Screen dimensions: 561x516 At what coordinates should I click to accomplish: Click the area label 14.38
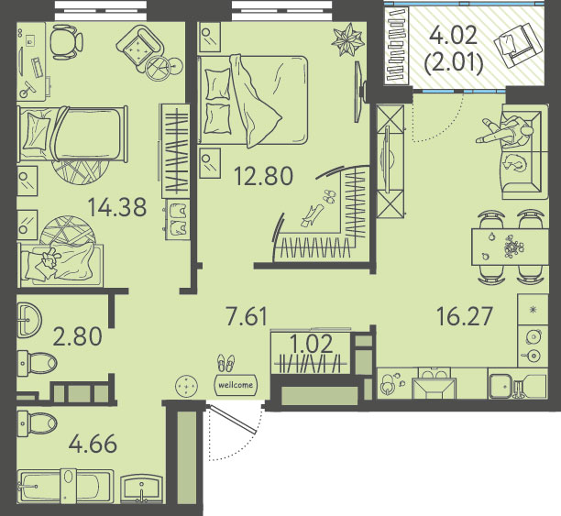click(117, 207)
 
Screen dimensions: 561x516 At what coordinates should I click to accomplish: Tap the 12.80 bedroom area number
click(263, 176)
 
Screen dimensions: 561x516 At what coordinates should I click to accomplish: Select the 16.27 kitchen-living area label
click(465, 316)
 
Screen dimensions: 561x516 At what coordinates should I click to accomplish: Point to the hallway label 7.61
click(247, 316)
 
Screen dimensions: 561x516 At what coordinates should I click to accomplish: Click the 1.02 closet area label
click(311, 344)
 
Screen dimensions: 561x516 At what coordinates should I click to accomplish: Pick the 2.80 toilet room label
click(77, 336)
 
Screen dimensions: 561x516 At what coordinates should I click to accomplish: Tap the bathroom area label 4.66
click(93, 444)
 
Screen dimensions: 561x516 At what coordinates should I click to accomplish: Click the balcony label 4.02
click(454, 36)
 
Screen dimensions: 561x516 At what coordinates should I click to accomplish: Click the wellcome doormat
click(236, 385)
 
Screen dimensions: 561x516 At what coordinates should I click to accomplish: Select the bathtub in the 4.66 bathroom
click(65, 487)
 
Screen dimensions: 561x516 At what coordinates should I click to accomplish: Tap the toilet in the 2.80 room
click(38, 363)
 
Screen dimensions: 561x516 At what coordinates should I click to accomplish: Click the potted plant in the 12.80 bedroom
click(347, 39)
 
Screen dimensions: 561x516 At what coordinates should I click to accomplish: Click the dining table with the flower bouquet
click(510, 247)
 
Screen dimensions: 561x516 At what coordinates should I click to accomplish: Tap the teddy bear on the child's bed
click(49, 258)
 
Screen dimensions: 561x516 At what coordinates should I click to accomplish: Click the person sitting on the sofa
click(505, 131)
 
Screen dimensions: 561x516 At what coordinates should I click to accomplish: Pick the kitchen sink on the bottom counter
click(504, 386)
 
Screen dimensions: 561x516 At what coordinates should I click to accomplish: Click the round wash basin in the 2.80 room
click(29, 320)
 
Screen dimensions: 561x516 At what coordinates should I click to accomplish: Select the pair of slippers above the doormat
click(226, 363)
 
